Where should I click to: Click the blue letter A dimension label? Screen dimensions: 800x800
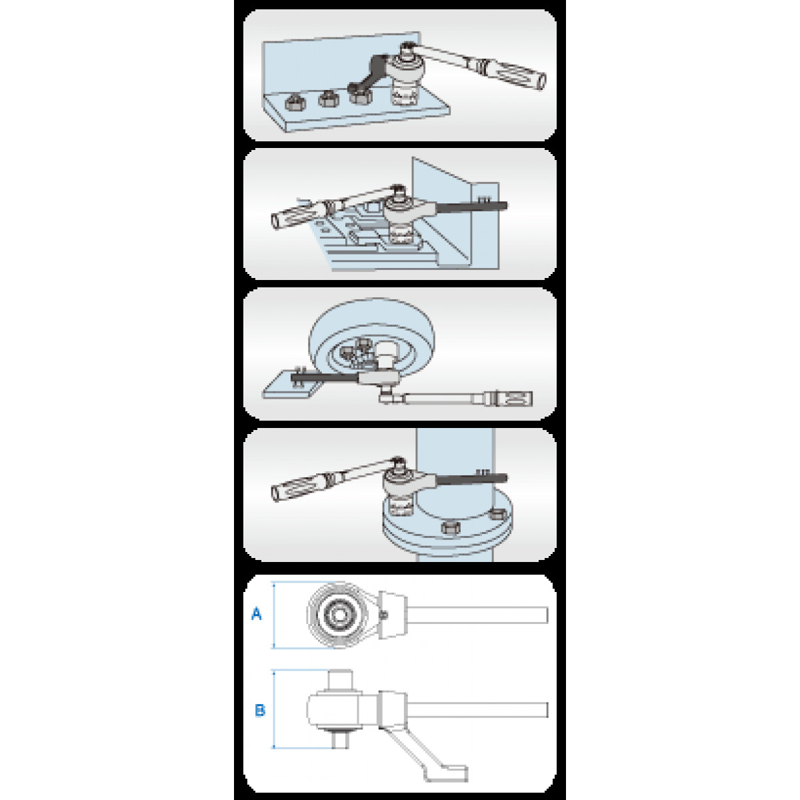(257, 613)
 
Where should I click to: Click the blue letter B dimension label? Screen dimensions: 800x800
(260, 710)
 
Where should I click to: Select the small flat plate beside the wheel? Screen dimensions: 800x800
(293, 385)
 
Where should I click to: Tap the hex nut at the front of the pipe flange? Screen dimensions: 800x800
(450, 527)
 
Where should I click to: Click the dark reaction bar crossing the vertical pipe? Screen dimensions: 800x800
(471, 479)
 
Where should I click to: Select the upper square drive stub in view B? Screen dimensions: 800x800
(340, 679)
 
